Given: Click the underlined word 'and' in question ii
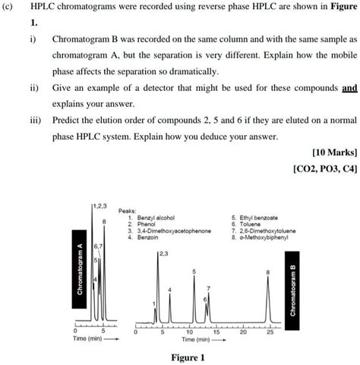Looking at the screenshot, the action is coord(349,88).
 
